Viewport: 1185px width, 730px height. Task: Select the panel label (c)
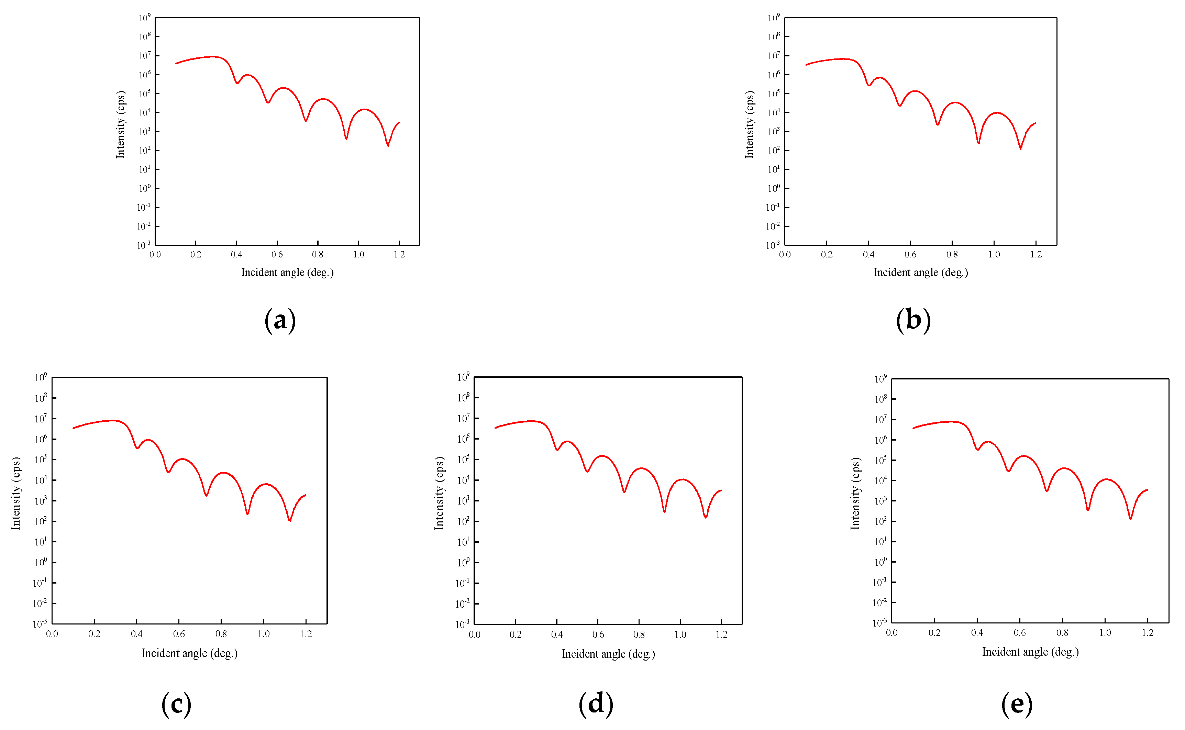click(176, 704)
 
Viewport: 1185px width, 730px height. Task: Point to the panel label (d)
click(596, 704)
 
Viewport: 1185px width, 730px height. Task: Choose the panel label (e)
click(1017, 704)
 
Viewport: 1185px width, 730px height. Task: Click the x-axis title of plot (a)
click(287, 272)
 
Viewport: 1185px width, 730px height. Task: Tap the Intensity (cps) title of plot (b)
click(749, 124)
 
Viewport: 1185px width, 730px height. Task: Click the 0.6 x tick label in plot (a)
click(277, 254)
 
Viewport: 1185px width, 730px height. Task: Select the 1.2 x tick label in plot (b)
click(1036, 254)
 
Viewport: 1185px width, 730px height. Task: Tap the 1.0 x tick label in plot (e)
click(1105, 632)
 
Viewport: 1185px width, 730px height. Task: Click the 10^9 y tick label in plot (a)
click(144, 18)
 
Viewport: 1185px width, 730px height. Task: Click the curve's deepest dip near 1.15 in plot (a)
click(388, 145)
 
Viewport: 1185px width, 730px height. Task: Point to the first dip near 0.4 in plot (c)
click(137, 447)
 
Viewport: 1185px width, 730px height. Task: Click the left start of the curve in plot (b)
click(806, 65)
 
